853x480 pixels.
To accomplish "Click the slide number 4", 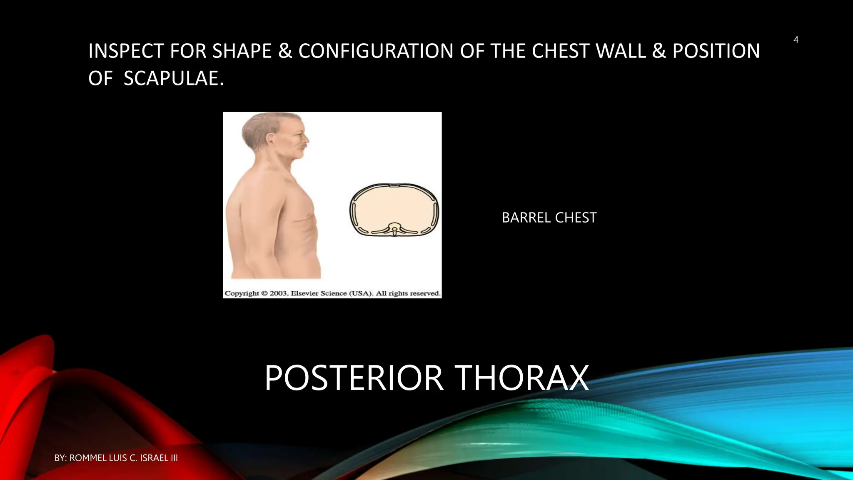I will [x=796, y=40].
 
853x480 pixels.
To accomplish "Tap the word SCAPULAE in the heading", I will [x=171, y=78].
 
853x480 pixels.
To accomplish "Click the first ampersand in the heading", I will [x=285, y=51].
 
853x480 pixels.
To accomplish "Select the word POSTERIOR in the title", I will [x=354, y=378].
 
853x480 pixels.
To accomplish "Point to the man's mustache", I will [x=303, y=147].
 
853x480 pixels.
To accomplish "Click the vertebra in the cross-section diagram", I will [x=394, y=230].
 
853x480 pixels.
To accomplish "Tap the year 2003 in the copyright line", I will [x=279, y=293].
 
